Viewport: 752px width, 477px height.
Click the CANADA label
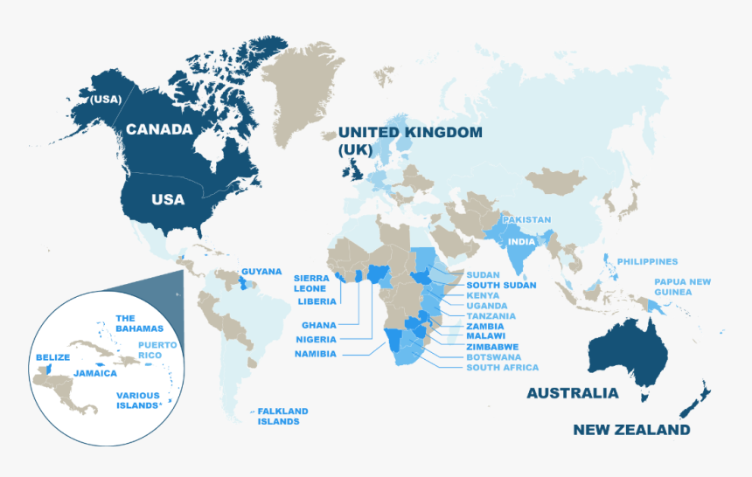click(158, 129)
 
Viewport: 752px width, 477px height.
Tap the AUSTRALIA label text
click(572, 393)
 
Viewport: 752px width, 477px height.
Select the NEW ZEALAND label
click(631, 429)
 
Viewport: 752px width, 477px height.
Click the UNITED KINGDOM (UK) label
click(409, 141)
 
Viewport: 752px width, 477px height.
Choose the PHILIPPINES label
click(647, 261)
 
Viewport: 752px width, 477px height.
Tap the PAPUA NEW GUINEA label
click(682, 287)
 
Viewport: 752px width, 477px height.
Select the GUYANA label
click(261, 271)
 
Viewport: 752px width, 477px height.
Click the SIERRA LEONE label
click(311, 283)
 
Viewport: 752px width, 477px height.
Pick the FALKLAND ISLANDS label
click(282, 416)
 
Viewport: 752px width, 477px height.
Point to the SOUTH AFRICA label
click(502, 368)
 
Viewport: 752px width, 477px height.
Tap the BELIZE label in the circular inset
click(52, 357)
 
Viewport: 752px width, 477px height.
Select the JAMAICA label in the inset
click(94, 373)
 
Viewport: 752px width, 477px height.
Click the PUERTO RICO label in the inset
click(157, 350)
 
